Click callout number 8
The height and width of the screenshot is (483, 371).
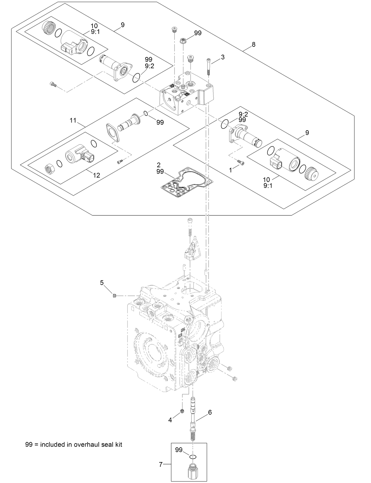253,44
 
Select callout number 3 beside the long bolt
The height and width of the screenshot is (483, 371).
223,57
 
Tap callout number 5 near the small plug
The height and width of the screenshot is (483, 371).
102,283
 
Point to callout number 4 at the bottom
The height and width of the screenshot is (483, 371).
170,420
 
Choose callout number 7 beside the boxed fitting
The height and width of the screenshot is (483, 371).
161,465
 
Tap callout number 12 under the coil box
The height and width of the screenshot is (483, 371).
96,175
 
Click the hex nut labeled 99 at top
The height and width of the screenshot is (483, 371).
183,41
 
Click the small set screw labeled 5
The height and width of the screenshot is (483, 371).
115,296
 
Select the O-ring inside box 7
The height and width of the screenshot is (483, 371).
193,457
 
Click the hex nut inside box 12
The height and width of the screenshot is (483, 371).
49,169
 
